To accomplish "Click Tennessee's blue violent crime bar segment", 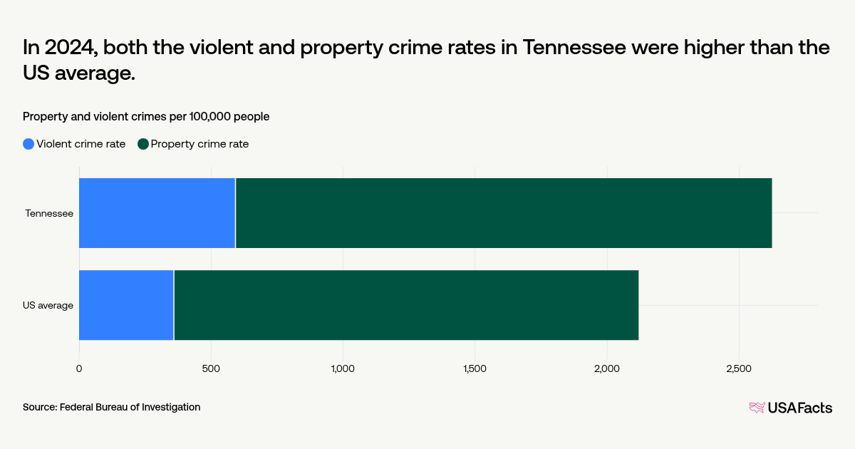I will click(157, 213).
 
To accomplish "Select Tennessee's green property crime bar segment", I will click(504, 213).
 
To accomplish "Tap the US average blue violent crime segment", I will click(126, 305).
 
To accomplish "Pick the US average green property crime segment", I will click(406, 305).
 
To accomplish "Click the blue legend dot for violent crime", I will click(28, 144).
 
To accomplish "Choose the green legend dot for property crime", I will click(143, 144).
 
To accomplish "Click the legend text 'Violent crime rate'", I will click(81, 144).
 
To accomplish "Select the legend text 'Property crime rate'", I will click(199, 144).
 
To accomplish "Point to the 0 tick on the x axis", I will click(79, 368).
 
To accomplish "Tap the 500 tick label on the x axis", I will click(211, 368).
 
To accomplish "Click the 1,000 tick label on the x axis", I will click(343, 368).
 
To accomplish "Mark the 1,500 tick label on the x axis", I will click(475, 368).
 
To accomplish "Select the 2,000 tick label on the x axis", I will click(607, 368).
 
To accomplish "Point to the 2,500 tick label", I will click(739, 368).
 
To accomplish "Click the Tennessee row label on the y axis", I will click(49, 213).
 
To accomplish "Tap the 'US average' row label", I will click(48, 305).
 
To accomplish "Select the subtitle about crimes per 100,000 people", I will click(146, 116).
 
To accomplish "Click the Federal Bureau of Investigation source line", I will click(111, 407).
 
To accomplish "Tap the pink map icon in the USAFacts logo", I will click(757, 408).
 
